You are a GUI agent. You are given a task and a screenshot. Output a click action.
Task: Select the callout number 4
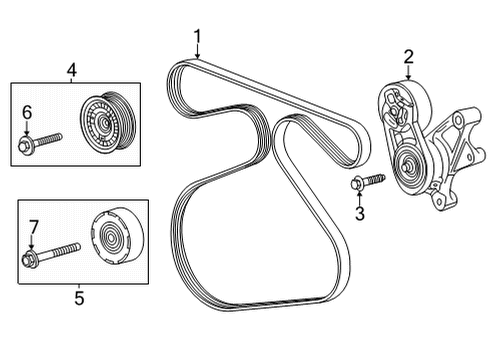tap(71, 69)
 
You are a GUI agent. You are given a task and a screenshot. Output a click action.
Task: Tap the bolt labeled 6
tap(39, 146)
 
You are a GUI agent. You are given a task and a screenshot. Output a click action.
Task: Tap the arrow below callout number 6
tap(27, 131)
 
